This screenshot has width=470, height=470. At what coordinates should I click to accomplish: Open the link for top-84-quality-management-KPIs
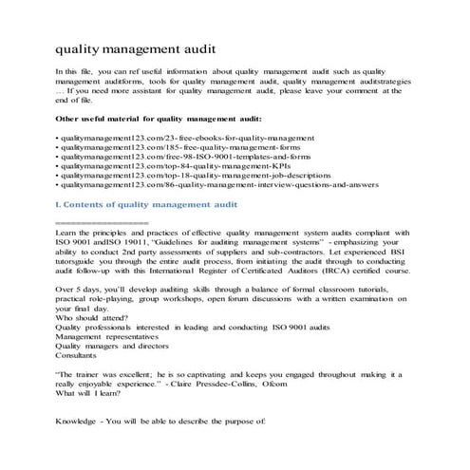153,173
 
